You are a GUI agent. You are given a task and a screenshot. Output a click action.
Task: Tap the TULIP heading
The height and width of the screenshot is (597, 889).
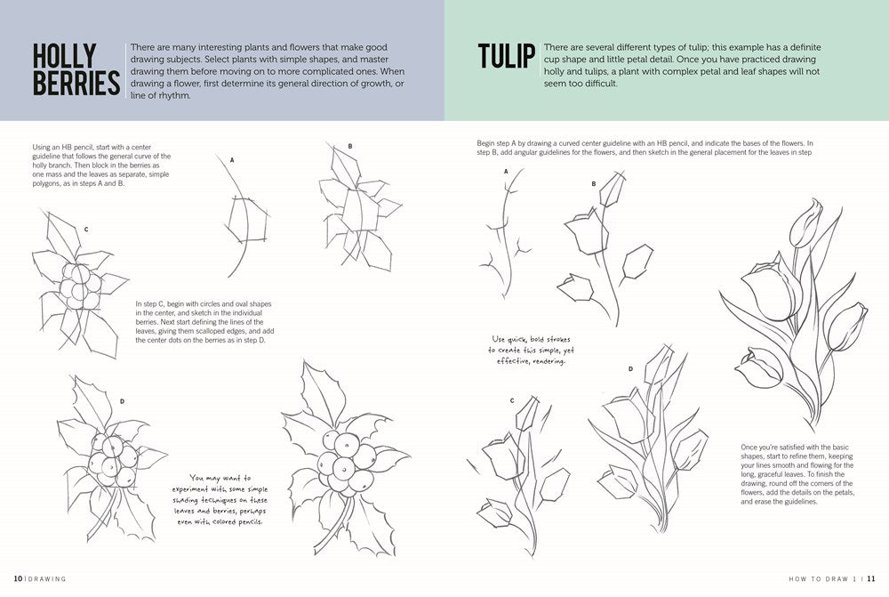(507, 56)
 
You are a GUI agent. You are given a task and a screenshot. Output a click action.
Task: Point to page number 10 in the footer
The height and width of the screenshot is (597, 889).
(18, 579)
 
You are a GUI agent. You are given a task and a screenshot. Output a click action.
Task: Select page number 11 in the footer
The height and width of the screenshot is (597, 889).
(872, 579)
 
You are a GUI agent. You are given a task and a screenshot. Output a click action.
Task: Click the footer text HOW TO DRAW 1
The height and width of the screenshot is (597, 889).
(823, 579)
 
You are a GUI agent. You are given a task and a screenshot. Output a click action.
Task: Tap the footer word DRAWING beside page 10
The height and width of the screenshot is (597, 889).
(46, 579)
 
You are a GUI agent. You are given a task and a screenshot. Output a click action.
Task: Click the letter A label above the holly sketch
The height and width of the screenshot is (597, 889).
(232, 160)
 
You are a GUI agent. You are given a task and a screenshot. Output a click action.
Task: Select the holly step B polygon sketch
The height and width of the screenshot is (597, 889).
(356, 209)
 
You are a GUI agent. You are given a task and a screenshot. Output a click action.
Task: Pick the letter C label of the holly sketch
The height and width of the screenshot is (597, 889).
(86, 230)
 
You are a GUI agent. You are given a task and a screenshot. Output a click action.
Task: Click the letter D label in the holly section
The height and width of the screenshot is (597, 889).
(121, 401)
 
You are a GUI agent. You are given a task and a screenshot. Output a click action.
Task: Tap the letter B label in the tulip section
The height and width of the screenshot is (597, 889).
(594, 184)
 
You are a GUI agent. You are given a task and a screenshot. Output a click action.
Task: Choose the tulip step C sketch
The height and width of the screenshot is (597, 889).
(520, 472)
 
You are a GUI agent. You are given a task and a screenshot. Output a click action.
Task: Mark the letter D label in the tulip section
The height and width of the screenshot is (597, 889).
(630, 368)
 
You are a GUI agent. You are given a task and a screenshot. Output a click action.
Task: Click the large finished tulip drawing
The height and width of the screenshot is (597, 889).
(796, 311)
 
